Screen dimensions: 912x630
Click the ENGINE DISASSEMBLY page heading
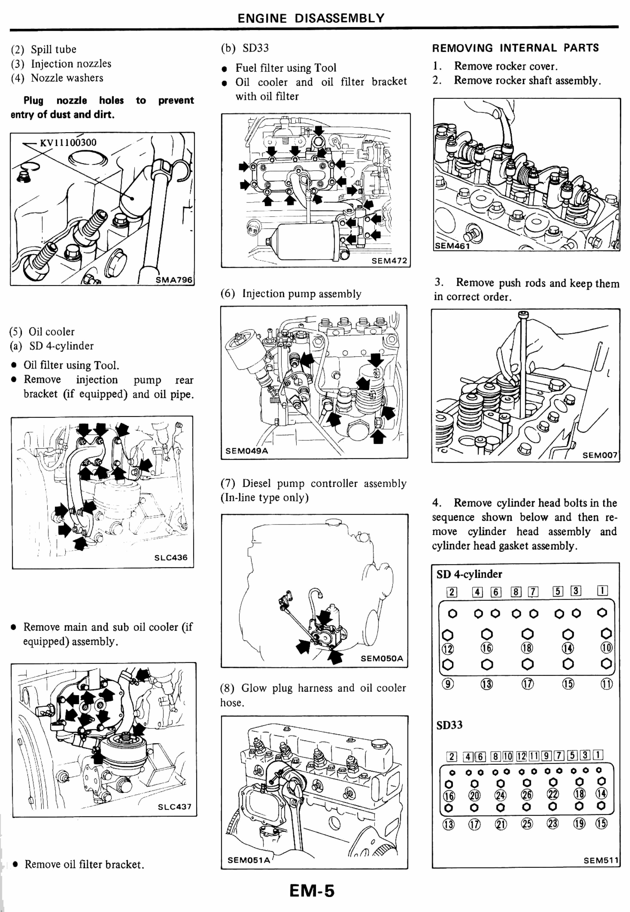[311, 18]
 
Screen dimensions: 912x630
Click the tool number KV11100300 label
[68, 142]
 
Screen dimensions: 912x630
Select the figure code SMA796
[174, 280]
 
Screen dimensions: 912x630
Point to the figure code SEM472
[389, 261]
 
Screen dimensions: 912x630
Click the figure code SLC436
[171, 558]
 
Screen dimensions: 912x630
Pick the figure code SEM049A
[246, 451]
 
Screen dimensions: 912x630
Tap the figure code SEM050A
[382, 658]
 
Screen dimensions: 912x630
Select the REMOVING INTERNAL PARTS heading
[515, 48]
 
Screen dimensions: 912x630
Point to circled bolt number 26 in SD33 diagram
[527, 794]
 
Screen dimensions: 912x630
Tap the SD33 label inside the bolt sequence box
[449, 725]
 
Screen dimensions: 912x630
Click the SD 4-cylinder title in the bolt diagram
[469, 574]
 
